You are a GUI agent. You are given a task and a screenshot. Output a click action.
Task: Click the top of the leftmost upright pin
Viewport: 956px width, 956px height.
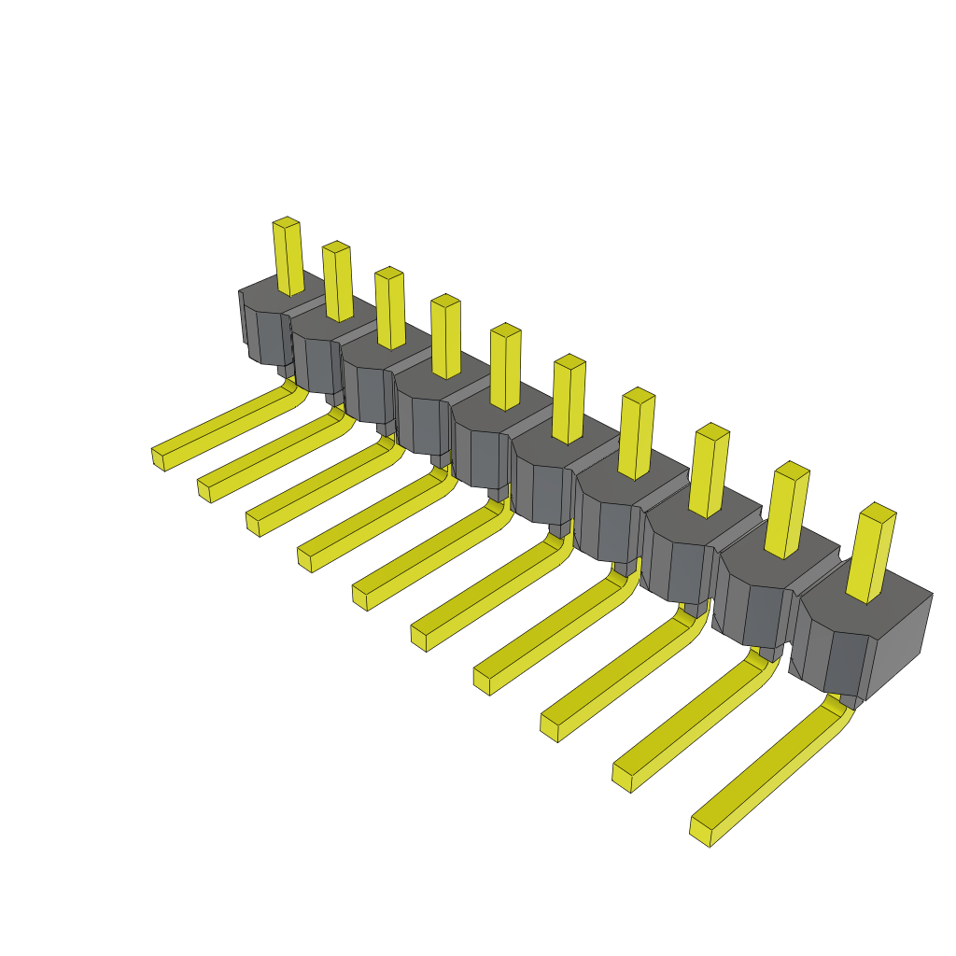pos(286,223)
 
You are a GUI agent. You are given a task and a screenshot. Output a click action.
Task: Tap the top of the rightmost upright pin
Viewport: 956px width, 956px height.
pos(878,511)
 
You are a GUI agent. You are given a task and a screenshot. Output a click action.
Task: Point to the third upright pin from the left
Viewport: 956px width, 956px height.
pos(390,308)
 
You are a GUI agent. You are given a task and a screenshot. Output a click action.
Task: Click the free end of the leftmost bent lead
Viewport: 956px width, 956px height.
pos(158,457)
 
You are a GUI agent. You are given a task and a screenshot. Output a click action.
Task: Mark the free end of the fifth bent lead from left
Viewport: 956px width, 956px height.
pos(359,597)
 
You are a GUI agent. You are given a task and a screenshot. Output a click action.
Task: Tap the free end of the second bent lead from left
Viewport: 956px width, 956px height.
pos(204,490)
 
